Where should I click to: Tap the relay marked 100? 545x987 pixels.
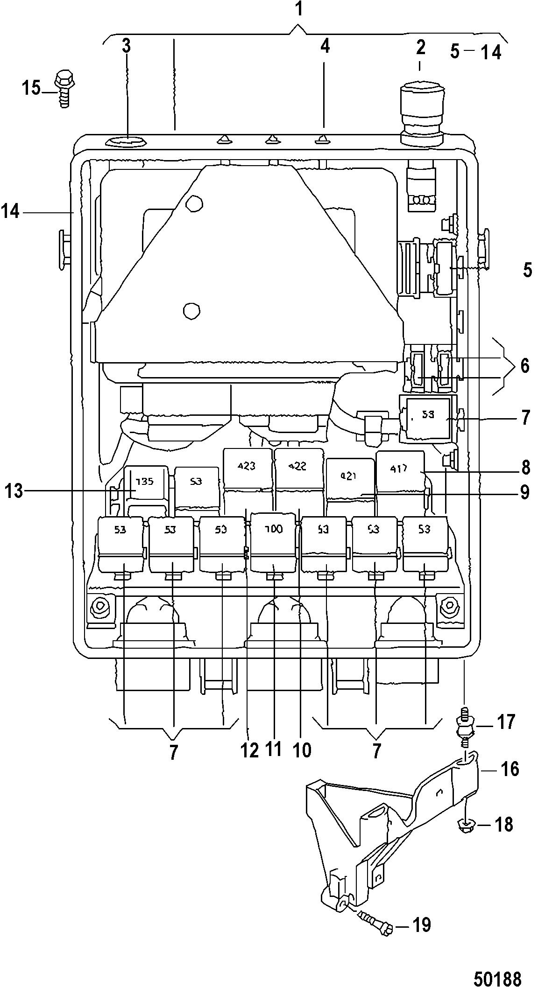coord(274,544)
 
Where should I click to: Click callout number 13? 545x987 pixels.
coord(14,491)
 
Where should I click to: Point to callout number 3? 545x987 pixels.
coord(127,46)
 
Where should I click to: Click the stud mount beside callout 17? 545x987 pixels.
coord(464,730)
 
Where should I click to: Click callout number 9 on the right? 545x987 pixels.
coord(525,491)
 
